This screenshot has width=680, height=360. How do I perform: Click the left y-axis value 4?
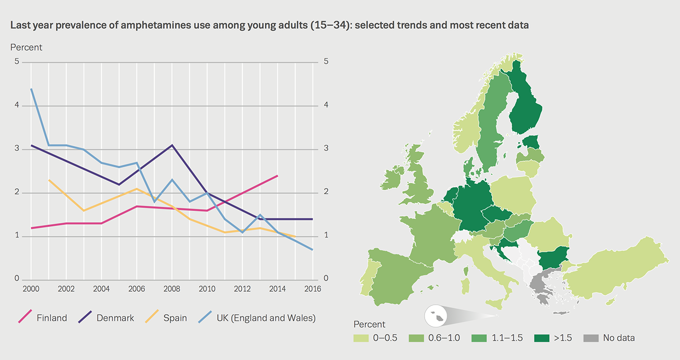point(17,106)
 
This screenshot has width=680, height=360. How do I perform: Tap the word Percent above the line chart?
point(26,47)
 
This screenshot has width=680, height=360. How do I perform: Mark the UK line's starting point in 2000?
point(31,89)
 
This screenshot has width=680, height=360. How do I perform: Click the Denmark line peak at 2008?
point(172,145)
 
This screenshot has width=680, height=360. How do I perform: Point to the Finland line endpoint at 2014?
point(277,175)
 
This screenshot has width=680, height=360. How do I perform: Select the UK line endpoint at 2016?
point(313,249)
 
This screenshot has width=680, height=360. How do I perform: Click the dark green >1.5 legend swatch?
point(541,338)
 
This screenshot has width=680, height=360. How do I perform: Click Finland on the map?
point(527,105)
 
